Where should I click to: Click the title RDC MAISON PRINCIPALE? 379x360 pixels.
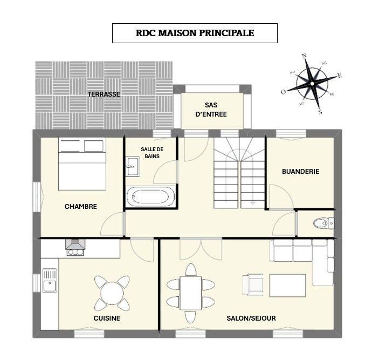click(x=195, y=33)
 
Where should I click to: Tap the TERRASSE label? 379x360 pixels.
click(x=104, y=94)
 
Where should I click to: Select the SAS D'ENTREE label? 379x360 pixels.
click(x=211, y=109)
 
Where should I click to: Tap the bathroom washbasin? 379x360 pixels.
click(x=132, y=167)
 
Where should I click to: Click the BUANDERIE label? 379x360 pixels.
click(x=300, y=172)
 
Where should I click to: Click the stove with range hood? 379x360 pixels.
click(x=75, y=247)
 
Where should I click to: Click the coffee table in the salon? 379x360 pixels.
click(x=287, y=284)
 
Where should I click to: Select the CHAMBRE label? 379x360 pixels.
click(x=80, y=206)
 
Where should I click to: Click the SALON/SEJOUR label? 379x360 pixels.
click(x=251, y=318)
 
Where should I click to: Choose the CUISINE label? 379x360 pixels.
click(x=106, y=318)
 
